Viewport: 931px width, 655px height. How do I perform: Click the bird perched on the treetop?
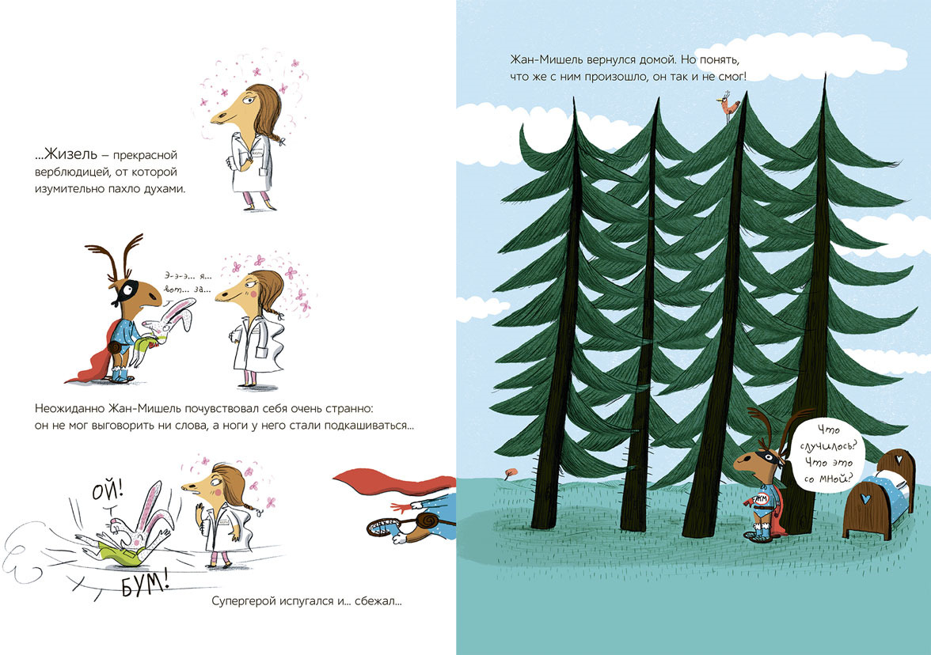pyautogui.click(x=728, y=107)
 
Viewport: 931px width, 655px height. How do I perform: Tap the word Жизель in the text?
pyautogui.click(x=70, y=154)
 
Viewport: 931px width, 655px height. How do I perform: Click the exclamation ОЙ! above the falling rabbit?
pyautogui.click(x=108, y=491)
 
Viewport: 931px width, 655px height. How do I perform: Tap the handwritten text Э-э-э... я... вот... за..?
pyautogui.click(x=188, y=282)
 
